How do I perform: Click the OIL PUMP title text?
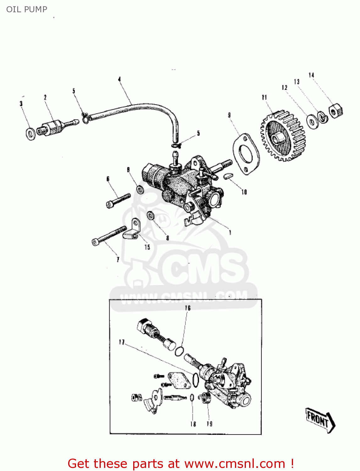(x=27, y=9)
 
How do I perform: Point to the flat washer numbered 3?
(x=30, y=134)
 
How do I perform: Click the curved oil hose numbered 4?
(x=138, y=108)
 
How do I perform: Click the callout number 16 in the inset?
(x=188, y=308)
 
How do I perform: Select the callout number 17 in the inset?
(x=122, y=342)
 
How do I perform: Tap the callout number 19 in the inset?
(x=210, y=424)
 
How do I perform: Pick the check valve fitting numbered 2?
(x=53, y=127)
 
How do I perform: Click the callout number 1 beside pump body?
(x=230, y=232)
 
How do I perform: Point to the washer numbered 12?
(x=312, y=121)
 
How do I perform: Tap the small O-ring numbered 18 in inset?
(x=192, y=398)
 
